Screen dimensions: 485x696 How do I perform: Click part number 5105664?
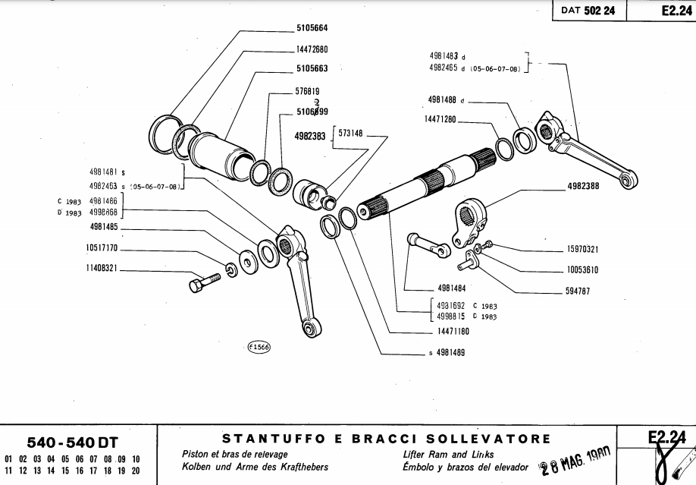312,29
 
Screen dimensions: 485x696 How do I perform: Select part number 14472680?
312,49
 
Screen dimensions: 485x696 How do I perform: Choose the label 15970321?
582,249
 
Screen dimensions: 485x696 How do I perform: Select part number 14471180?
453,332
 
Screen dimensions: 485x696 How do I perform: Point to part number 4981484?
451,288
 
